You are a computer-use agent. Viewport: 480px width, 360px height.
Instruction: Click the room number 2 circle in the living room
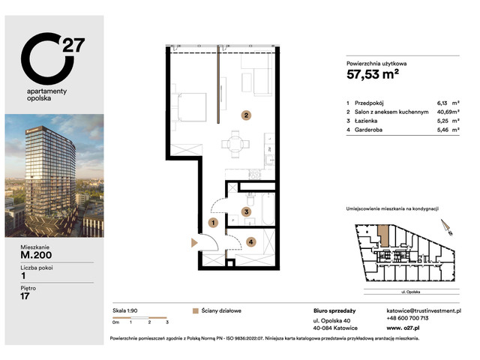[x=244, y=115]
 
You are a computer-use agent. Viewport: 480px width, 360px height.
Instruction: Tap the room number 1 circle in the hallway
[x=214, y=223]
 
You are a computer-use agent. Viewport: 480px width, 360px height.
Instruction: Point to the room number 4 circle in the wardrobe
[x=251, y=241]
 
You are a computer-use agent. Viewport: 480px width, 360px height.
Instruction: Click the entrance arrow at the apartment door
[x=194, y=241]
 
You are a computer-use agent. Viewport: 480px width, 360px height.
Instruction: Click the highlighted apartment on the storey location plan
[x=384, y=235]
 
